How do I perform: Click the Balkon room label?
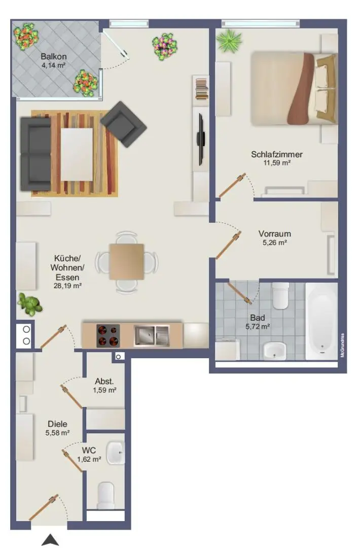coord(54,56)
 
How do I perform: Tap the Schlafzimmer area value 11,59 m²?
coord(277,163)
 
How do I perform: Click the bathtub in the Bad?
coord(321,319)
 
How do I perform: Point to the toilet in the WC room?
coord(106,495)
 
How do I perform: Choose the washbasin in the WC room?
coord(115,452)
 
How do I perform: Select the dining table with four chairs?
coord(126,262)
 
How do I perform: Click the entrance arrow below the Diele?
coord(50,540)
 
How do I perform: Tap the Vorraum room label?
coord(274,234)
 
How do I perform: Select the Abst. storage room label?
coord(104,382)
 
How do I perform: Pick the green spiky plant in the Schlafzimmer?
coord(231,40)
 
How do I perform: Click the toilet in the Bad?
coord(280,296)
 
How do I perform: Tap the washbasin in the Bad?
coord(275,349)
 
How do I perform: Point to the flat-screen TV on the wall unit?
coord(201,139)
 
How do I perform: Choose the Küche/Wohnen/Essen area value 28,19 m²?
coord(68,286)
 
